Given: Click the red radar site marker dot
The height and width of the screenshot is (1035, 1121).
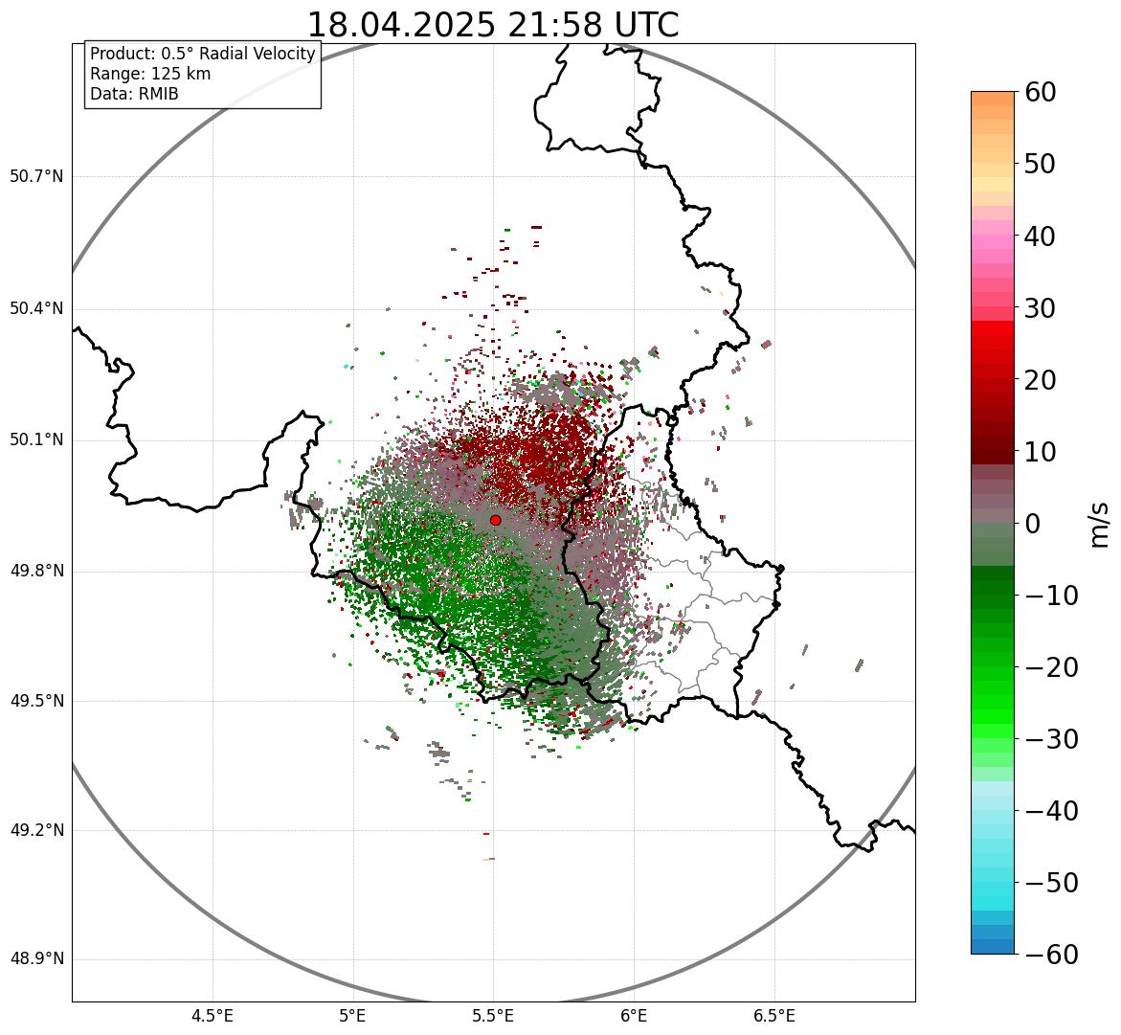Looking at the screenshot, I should pos(495,520).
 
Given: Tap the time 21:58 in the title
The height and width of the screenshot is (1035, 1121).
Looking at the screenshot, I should pos(544,25).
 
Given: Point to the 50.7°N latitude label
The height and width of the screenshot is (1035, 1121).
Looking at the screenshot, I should pos(36,176).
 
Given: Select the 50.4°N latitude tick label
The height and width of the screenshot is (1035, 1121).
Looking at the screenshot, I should pos(36,308).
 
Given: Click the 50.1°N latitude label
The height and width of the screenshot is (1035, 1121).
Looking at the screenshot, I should pos(36,439).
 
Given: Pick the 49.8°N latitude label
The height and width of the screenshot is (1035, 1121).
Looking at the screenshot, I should pos(36,571).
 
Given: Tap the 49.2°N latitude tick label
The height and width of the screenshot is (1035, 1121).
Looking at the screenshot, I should pos(36,829).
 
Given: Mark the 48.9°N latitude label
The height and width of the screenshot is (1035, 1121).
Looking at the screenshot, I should pos(36,958).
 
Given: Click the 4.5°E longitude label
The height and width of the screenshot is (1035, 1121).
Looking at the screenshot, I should pos(213,1016).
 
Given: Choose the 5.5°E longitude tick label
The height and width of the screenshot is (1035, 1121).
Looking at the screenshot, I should pos(494,1016).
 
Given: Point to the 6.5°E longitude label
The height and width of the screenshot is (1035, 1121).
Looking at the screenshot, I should pos(774,1016).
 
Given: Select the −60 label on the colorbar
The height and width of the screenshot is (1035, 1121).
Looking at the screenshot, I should pos(1051,955).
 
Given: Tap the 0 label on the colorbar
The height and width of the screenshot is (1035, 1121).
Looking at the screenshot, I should pos(1033,524).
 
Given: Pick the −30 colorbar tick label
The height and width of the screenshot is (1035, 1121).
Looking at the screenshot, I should pos(1051,739).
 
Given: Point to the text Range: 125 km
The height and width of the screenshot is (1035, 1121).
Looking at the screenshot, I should pos(150,74).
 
